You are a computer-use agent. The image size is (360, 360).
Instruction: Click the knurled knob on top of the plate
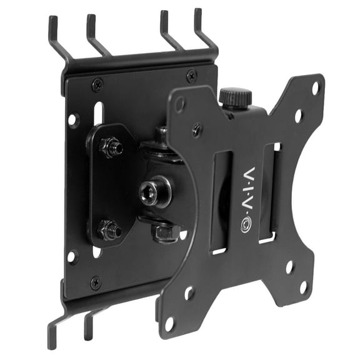(x=235, y=97)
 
